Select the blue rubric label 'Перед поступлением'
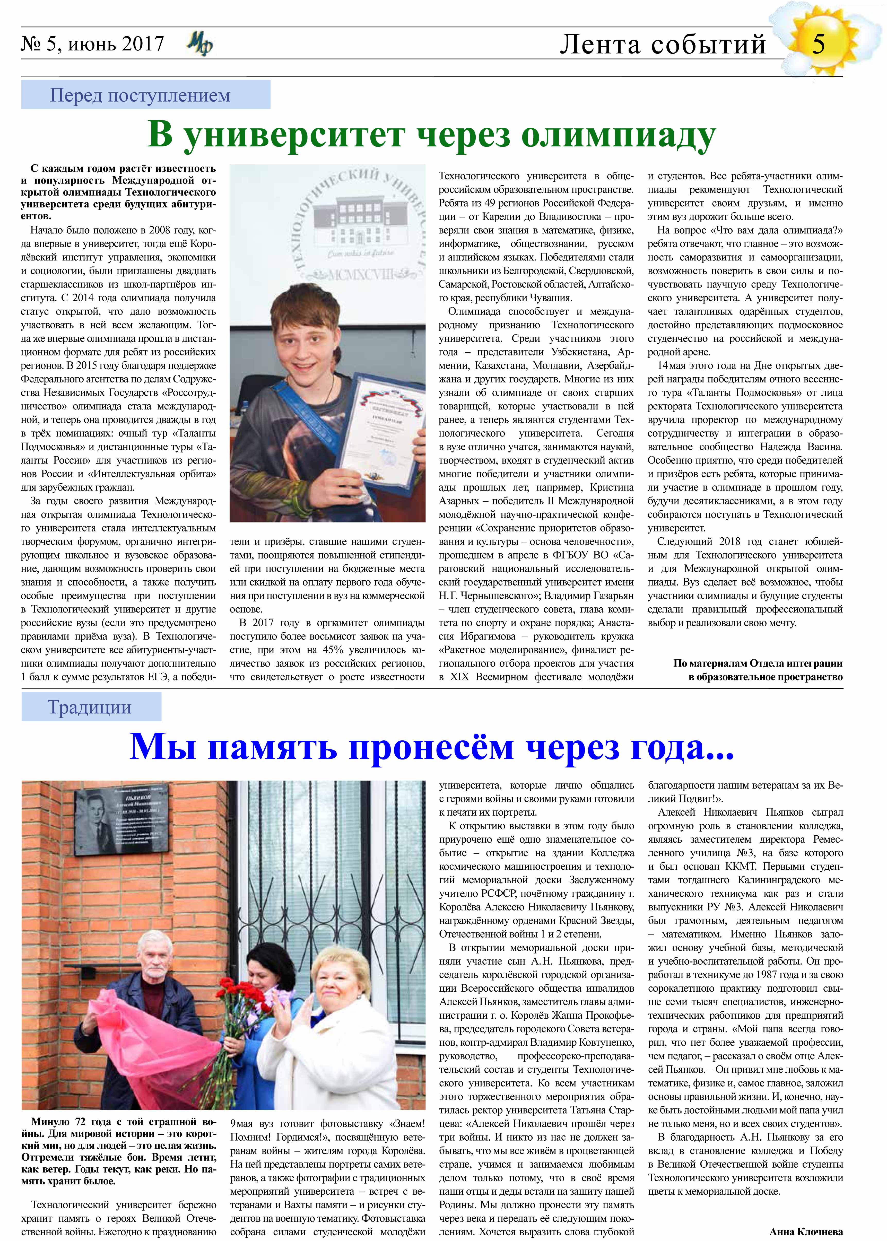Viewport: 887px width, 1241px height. point(140,95)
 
